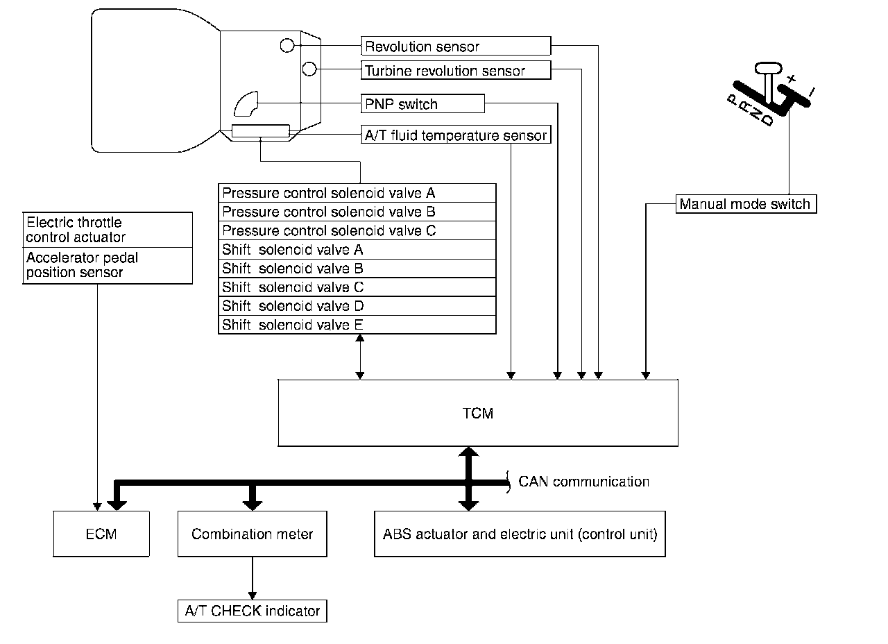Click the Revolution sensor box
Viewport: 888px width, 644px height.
(x=456, y=46)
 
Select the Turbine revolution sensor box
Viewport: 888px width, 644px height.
(x=456, y=70)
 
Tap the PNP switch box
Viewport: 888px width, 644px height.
(x=422, y=104)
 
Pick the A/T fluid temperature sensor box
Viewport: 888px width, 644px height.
(x=456, y=135)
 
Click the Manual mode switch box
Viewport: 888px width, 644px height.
(x=744, y=204)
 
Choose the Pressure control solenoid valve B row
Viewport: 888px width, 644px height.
(x=357, y=212)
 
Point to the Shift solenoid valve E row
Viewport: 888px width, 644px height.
(x=357, y=324)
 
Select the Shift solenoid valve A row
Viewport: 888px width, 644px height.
(x=357, y=249)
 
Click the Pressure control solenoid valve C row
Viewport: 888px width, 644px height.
(x=357, y=230)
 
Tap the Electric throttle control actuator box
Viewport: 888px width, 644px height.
(x=108, y=230)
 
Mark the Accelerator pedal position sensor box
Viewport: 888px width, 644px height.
(x=108, y=265)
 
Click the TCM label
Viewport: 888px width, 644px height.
(x=477, y=414)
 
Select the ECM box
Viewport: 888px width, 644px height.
(x=101, y=534)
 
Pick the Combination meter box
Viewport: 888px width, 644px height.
(x=252, y=534)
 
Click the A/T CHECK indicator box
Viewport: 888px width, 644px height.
(x=252, y=611)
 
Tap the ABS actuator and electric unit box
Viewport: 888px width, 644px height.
(x=520, y=534)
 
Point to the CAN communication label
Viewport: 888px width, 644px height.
(x=584, y=481)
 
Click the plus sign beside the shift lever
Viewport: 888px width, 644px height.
(x=792, y=79)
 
